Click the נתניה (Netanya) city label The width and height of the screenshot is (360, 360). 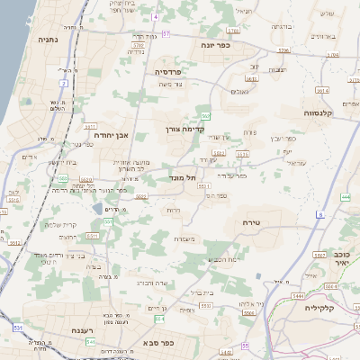click(x=49, y=40)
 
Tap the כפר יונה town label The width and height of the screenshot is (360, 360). click(x=216, y=45)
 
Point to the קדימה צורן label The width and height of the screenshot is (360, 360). click(x=186, y=129)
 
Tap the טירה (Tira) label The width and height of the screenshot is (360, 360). click(x=251, y=220)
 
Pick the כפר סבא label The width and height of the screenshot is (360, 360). click(x=158, y=343)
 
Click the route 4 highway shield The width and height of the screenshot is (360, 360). click(x=154, y=17)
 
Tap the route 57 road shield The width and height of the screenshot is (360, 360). click(x=166, y=33)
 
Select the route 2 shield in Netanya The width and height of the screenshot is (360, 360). click(x=64, y=83)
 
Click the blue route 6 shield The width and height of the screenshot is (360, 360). click(x=319, y=215)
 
